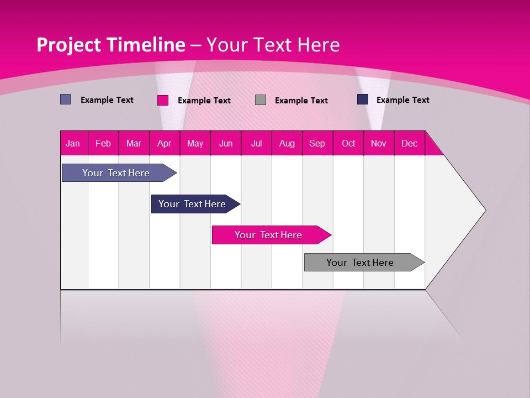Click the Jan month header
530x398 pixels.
(73, 144)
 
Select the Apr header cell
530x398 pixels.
(164, 144)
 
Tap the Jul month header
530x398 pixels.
(256, 144)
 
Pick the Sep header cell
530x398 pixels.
(317, 144)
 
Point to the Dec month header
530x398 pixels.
(409, 144)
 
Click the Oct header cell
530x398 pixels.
(348, 144)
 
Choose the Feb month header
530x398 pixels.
(103, 144)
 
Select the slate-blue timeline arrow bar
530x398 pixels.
(116, 173)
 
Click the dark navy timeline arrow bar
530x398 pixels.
(192, 204)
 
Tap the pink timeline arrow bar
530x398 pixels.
(268, 235)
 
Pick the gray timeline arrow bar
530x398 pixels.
(360, 263)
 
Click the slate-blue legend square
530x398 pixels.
(65, 99)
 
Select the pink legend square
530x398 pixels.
(163, 100)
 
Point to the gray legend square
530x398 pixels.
(261, 100)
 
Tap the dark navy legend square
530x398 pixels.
(363, 99)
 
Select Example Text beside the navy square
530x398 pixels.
(402, 100)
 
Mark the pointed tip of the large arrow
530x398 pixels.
(485, 210)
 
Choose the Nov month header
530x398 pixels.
(379, 144)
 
